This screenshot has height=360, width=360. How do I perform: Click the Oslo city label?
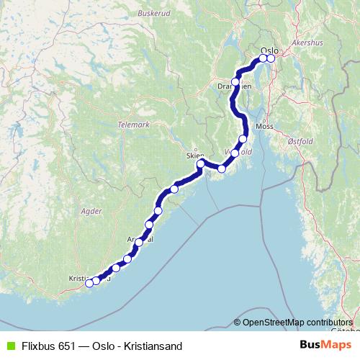[x=269, y=50]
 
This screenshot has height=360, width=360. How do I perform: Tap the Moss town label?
[x=266, y=126]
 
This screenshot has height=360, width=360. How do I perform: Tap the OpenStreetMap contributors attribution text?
[x=297, y=323]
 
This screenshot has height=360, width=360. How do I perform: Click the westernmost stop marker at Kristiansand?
[x=89, y=283]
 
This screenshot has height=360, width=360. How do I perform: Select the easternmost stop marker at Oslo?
[x=271, y=58]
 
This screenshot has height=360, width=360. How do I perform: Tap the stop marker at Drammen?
[x=235, y=82]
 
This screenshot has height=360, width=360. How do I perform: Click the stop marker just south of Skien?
[x=201, y=167]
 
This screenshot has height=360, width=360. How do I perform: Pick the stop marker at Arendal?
[x=139, y=242]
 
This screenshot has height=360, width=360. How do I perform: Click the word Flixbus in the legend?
[x=37, y=346]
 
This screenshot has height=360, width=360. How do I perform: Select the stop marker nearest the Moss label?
[x=243, y=139]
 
